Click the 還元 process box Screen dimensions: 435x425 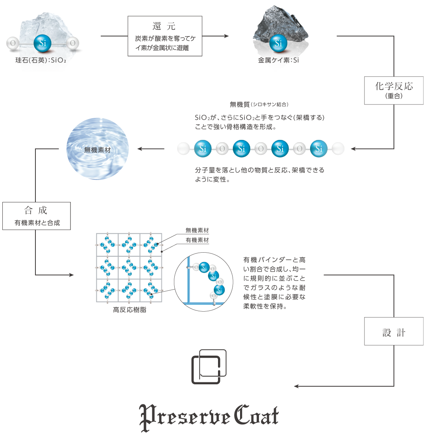[164, 36]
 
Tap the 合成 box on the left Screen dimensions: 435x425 [36, 216]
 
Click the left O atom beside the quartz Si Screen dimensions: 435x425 [13, 43]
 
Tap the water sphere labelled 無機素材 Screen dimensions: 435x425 [98, 149]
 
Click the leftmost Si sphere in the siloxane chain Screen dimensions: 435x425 [203, 149]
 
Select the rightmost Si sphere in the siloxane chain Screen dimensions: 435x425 [319, 149]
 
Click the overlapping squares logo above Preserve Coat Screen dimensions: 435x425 [209, 367]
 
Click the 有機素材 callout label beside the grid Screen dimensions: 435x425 [197, 240]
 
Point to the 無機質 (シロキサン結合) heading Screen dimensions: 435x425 [259, 105]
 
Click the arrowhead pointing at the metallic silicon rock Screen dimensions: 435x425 [227, 36]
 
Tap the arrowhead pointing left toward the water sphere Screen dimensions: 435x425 [139, 149]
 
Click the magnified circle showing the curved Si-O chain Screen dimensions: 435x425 [203, 282]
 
